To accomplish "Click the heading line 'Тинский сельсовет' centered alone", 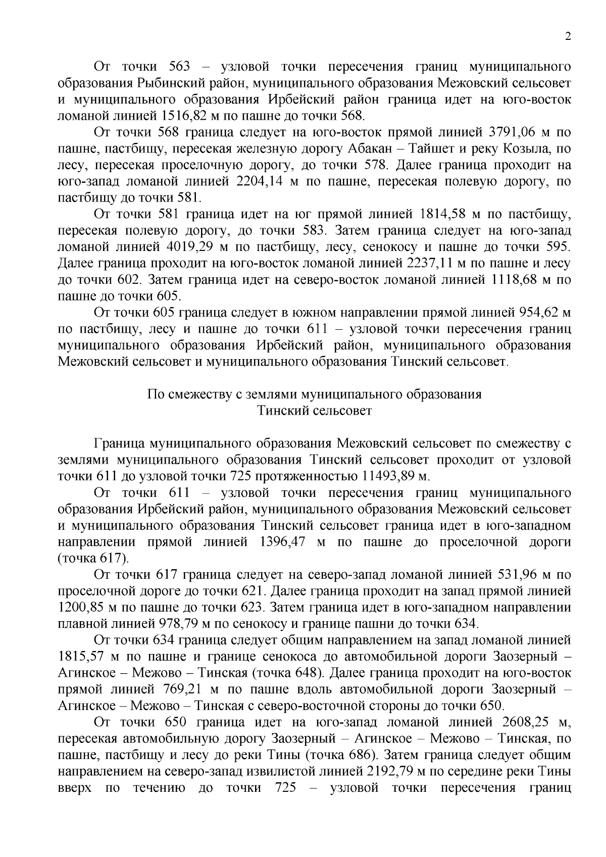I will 315,410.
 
